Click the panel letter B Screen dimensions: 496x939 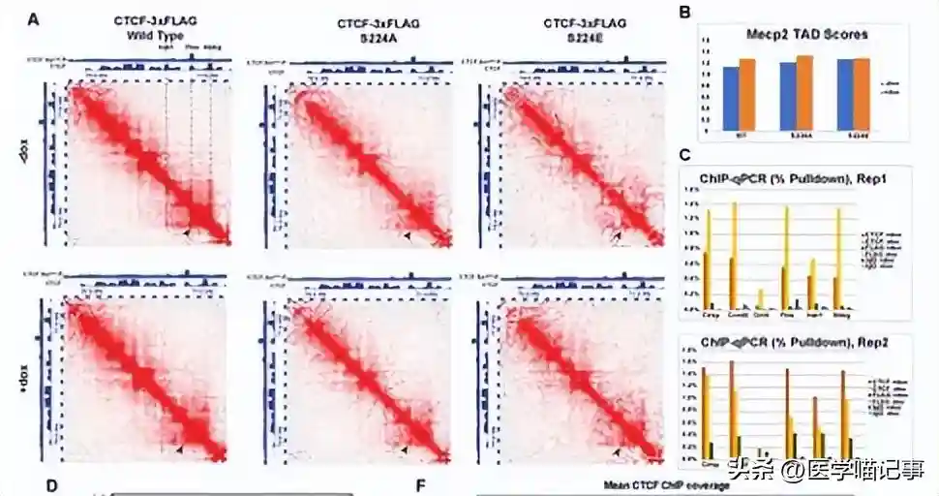pyautogui.click(x=684, y=13)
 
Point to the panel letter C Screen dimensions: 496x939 pyautogui.click(x=684, y=154)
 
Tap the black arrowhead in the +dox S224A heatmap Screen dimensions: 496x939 pyautogui.click(x=405, y=449)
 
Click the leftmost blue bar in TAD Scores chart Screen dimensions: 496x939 pyautogui.click(x=731, y=98)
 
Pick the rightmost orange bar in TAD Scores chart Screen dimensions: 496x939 pyautogui.click(x=862, y=94)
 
